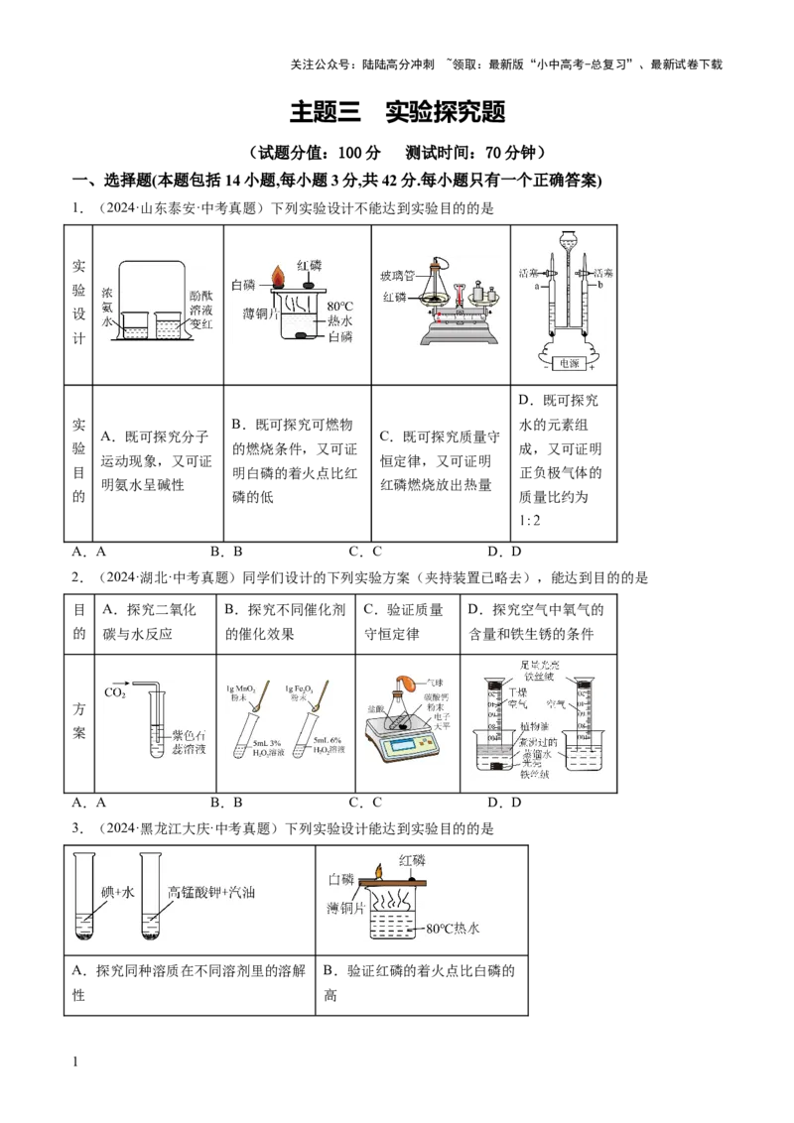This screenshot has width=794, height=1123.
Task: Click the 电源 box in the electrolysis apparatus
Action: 566,363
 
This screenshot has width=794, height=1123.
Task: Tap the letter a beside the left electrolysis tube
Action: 536,285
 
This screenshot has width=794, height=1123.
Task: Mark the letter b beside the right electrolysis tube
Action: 599,285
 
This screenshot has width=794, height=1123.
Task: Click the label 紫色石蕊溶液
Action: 190,735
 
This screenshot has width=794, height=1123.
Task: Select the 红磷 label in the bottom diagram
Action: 415,859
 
